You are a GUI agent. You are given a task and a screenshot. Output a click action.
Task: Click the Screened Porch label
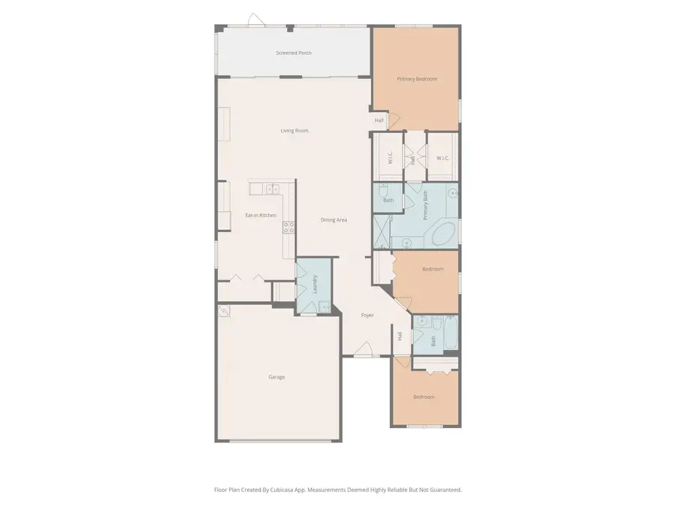tap(294, 53)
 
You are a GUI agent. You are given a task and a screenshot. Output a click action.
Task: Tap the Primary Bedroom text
tap(417, 79)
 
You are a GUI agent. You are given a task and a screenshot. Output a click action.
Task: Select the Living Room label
tap(294, 131)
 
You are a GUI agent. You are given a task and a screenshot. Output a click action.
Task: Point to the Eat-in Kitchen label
tap(261, 216)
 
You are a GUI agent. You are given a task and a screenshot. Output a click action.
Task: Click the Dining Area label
tap(333, 220)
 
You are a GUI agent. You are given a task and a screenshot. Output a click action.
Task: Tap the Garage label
tap(276, 377)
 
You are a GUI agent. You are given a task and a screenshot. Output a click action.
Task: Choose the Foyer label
tap(367, 315)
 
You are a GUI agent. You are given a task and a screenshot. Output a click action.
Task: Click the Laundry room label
tap(314, 285)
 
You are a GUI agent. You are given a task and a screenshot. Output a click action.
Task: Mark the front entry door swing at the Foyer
tap(364, 349)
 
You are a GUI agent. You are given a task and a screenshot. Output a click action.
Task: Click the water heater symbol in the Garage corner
tap(224, 311)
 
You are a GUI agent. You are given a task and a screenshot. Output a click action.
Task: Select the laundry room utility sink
tap(324, 306)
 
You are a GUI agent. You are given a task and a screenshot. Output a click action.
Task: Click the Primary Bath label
tap(425, 204)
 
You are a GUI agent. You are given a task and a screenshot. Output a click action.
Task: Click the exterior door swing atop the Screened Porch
tap(255, 20)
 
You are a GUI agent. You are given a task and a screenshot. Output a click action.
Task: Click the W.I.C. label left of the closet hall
tap(391, 158)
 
